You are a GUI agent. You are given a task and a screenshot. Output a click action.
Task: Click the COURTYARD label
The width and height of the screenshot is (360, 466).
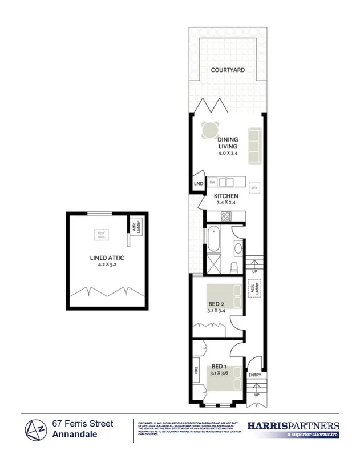click(228, 70)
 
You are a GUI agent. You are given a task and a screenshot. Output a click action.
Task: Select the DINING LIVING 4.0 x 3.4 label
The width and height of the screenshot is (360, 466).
click(228, 146)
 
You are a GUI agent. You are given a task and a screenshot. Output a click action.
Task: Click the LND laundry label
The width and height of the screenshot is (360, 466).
click(198, 184)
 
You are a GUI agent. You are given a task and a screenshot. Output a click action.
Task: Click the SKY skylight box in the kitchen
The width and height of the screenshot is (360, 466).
click(254, 187)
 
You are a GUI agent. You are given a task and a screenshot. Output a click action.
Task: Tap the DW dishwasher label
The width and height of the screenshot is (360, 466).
click(212, 182)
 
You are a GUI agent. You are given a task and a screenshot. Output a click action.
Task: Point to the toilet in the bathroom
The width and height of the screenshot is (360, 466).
click(233, 267)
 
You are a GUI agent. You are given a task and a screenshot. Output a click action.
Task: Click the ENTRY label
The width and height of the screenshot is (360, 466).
click(254, 375)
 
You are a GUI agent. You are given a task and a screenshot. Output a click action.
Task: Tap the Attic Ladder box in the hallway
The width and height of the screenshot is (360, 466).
click(252, 290)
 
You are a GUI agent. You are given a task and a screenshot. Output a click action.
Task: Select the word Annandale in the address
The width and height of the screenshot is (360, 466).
click(74, 435)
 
